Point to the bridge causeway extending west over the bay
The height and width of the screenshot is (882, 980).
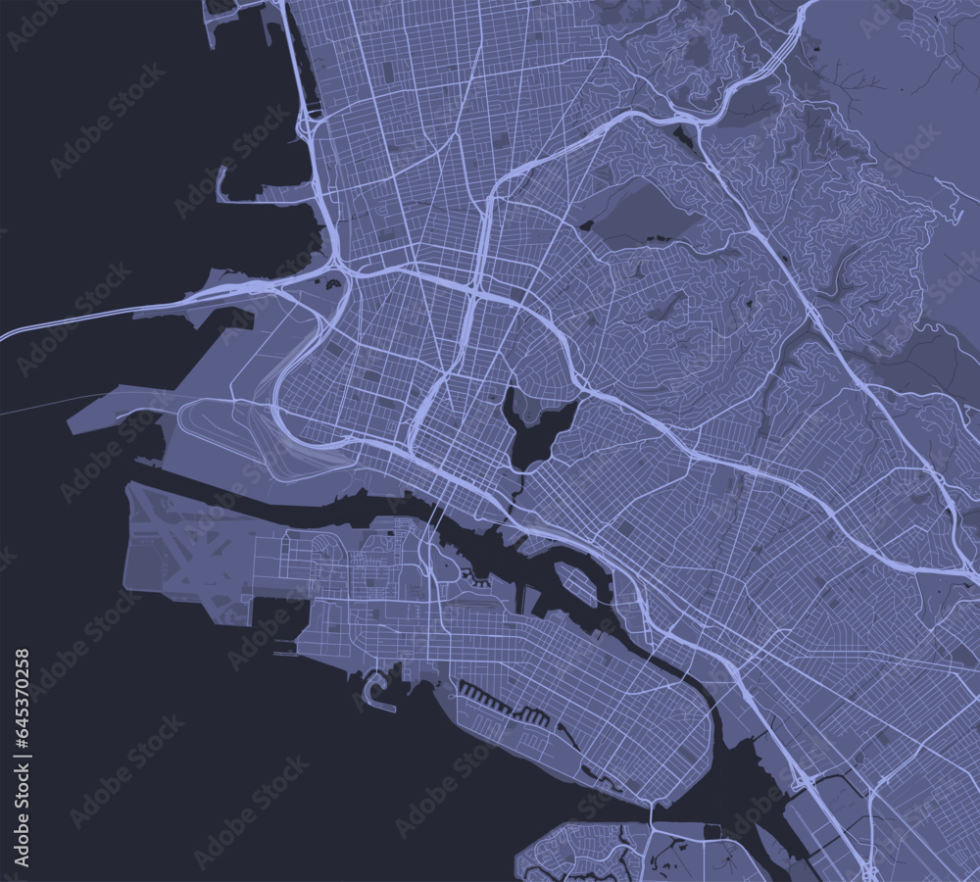118,311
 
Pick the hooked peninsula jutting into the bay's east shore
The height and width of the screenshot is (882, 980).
235,181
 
